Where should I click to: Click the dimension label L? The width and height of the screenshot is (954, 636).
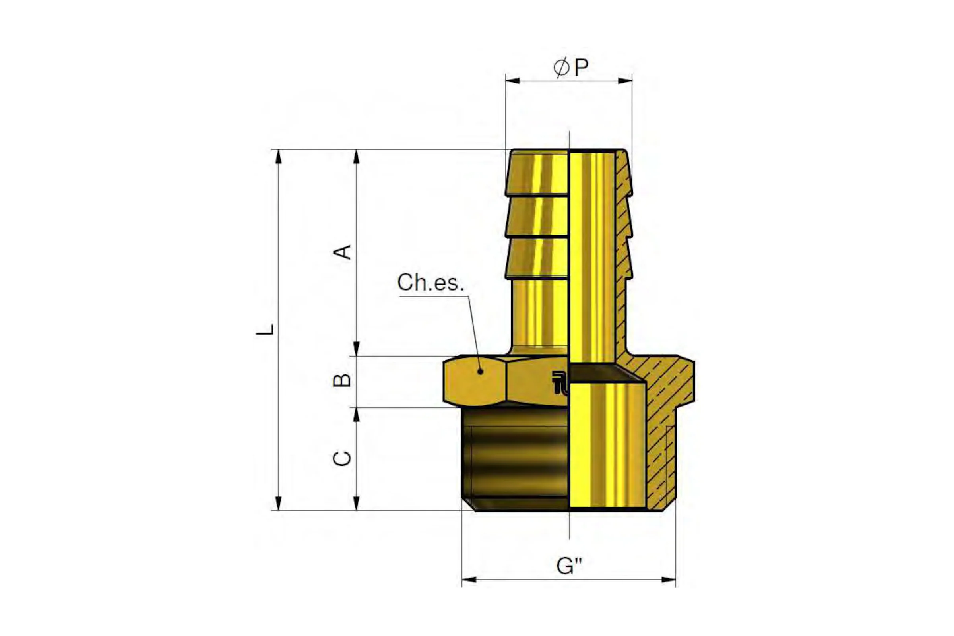pyautogui.click(x=265, y=330)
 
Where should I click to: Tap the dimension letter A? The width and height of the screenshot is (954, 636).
pyautogui.click(x=342, y=252)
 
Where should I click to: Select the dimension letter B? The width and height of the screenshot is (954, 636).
pyautogui.click(x=342, y=380)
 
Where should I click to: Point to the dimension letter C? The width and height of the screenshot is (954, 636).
pyautogui.click(x=342, y=458)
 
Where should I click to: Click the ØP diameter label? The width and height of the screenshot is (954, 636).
pyautogui.click(x=571, y=67)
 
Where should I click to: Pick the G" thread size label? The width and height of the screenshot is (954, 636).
pyautogui.click(x=570, y=566)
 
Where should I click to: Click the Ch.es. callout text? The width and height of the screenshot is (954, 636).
pyautogui.click(x=430, y=282)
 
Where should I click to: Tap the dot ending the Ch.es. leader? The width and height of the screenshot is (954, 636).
pyautogui.click(x=481, y=371)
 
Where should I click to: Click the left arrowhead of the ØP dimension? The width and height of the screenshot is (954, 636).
pyautogui.click(x=513, y=81)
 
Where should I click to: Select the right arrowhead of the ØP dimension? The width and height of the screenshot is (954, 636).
pyautogui.click(x=625, y=81)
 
